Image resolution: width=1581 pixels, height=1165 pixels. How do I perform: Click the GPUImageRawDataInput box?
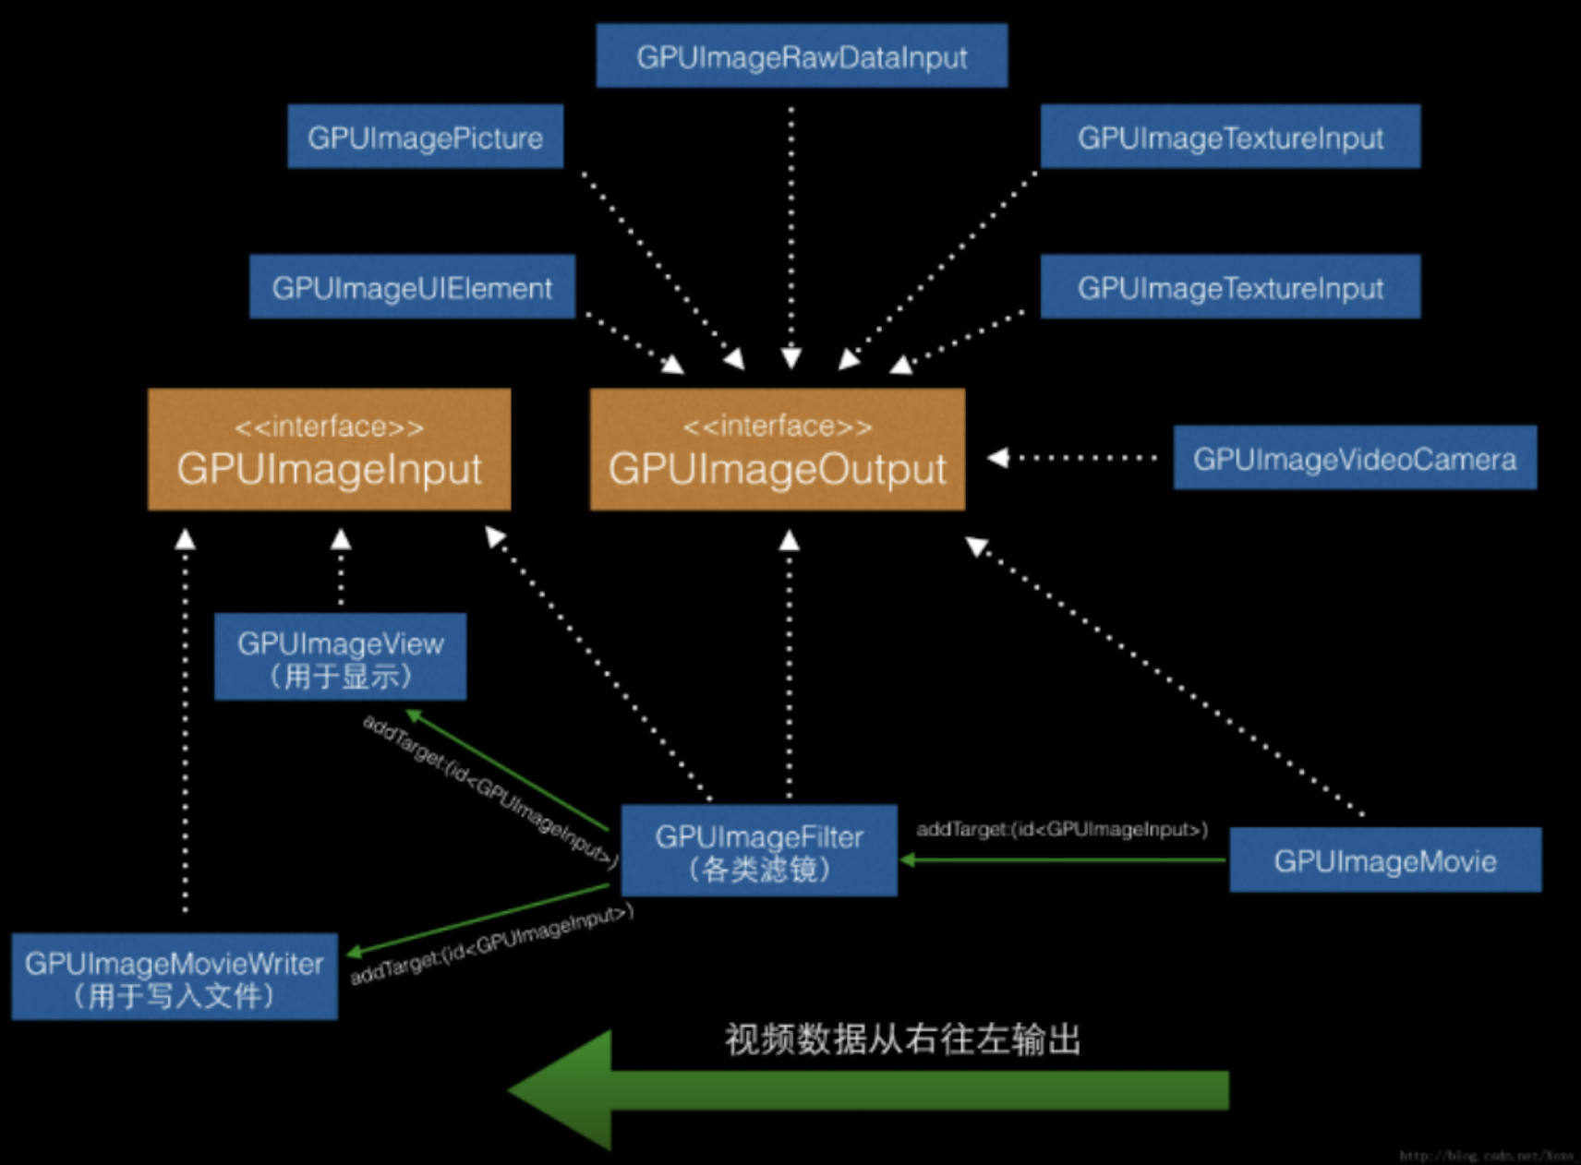pos(802,56)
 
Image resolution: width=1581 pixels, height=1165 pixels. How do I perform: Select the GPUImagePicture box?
pos(425,137)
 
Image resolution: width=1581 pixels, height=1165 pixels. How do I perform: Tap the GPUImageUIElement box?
pos(412,287)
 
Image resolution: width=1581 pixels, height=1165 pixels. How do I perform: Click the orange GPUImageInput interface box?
pos(329,450)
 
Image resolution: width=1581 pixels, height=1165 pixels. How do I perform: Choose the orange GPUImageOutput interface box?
pos(778,450)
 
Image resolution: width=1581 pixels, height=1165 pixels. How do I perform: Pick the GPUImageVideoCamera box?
pos(1355,458)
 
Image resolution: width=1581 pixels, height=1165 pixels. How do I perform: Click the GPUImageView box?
pos(340,656)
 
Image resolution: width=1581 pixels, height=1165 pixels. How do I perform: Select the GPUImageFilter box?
pos(759,850)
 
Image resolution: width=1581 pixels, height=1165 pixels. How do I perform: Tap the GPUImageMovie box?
pos(1385,860)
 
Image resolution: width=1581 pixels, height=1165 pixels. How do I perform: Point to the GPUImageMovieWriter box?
pos(175,977)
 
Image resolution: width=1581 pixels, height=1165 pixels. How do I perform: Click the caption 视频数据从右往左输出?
pos(902,1039)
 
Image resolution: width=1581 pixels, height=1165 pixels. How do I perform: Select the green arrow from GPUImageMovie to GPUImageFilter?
pos(1062,860)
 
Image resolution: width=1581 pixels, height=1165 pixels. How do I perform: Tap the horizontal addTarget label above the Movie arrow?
pos(1062,829)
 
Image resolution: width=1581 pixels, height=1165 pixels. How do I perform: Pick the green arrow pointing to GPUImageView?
pos(508,770)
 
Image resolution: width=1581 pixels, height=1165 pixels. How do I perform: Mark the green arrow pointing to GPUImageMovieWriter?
pos(478,919)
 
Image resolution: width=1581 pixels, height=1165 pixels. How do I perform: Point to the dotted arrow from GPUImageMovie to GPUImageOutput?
pos(1164,678)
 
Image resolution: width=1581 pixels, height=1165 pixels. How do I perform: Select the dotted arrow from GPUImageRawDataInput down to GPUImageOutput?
pos(791,231)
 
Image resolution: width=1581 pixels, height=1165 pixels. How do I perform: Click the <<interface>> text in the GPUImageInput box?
pos(329,426)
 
